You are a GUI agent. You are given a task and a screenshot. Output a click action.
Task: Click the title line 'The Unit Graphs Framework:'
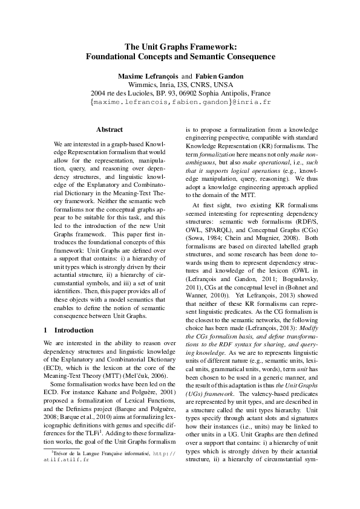[x=180, y=46]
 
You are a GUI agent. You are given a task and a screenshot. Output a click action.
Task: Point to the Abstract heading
[x=110, y=129]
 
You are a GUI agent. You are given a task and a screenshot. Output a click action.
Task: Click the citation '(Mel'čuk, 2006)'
[x=134, y=376]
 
